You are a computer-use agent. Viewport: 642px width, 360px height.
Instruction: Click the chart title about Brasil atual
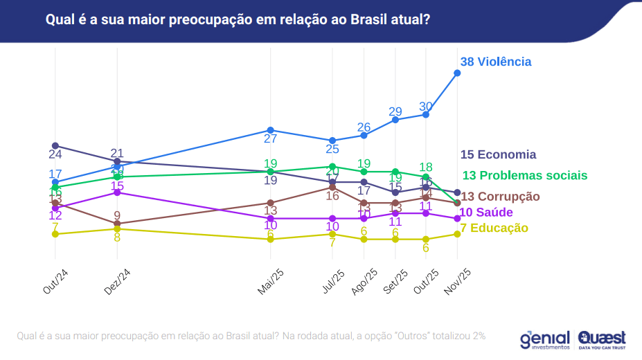(x=238, y=19)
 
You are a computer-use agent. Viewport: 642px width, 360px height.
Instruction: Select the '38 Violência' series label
(x=496, y=62)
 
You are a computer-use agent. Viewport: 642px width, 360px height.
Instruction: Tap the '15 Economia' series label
(x=498, y=154)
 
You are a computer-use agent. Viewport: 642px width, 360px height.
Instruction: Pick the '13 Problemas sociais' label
(x=524, y=175)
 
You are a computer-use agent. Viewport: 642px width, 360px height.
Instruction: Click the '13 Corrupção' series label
(x=500, y=196)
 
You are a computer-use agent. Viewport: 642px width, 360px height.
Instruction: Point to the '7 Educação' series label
(x=494, y=228)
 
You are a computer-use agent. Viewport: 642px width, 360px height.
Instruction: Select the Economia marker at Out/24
(x=55, y=145)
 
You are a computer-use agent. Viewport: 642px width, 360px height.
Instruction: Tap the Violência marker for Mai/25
(x=271, y=130)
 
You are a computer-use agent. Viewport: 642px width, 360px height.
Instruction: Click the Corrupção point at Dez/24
(x=117, y=224)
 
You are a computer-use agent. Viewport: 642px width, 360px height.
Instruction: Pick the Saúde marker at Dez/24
(x=117, y=192)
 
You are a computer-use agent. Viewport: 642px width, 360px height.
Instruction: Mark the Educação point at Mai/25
(x=271, y=239)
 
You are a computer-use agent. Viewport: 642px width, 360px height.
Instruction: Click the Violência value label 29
(x=395, y=111)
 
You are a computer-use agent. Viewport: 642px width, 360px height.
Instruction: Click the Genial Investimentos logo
(x=545, y=339)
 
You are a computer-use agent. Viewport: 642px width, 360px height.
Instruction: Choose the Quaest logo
(x=602, y=339)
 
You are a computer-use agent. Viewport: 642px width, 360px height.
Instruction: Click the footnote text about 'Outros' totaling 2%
(x=251, y=336)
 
